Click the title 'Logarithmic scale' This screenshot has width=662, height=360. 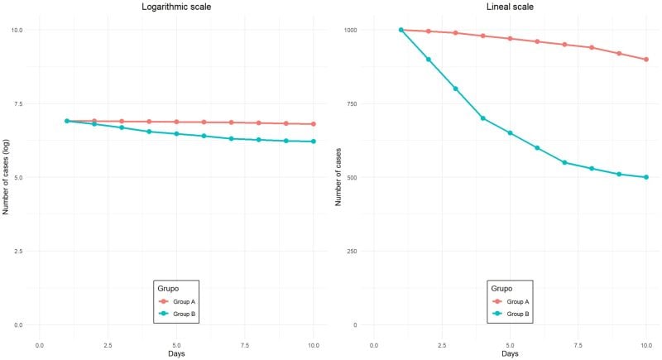click(x=176, y=7)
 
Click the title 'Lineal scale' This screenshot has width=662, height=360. click(x=511, y=7)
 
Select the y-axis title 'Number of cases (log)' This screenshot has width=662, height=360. click(x=6, y=177)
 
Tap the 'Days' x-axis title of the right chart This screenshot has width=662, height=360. click(x=510, y=353)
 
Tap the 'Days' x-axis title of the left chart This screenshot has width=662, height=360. click(x=176, y=353)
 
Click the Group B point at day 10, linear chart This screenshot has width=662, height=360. click(x=645, y=177)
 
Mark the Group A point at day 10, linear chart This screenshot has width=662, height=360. click(x=645, y=60)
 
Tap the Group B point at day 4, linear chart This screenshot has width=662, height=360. click(x=482, y=118)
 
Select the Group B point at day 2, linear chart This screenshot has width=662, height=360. click(x=428, y=60)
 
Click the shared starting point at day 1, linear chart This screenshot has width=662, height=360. click(x=401, y=30)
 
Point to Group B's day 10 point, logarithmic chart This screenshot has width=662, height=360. click(x=314, y=142)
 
